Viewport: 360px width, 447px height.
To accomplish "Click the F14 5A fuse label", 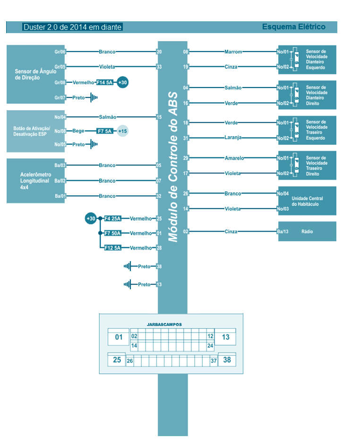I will click(x=105, y=82).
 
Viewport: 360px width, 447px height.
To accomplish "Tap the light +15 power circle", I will click(x=123, y=130).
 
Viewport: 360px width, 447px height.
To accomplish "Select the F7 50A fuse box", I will click(x=112, y=233).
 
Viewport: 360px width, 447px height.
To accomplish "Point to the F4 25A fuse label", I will click(x=112, y=218).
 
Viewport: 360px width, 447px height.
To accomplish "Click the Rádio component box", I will click(x=307, y=232).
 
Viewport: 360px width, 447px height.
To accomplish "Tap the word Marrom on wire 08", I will click(x=233, y=52).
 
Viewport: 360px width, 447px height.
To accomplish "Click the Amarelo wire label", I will click(x=234, y=158).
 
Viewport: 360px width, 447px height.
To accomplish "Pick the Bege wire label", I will click(x=78, y=130).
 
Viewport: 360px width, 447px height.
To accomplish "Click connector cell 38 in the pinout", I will click(x=227, y=360).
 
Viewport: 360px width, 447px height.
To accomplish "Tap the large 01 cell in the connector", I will click(x=119, y=337).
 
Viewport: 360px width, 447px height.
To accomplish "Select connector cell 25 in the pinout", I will click(x=117, y=360).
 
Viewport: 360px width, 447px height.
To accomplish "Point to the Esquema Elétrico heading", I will click(x=293, y=27).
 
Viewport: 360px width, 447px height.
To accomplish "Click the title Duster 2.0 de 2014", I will click(x=72, y=27).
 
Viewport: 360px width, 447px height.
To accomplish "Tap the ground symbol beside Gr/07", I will click(x=94, y=98).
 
